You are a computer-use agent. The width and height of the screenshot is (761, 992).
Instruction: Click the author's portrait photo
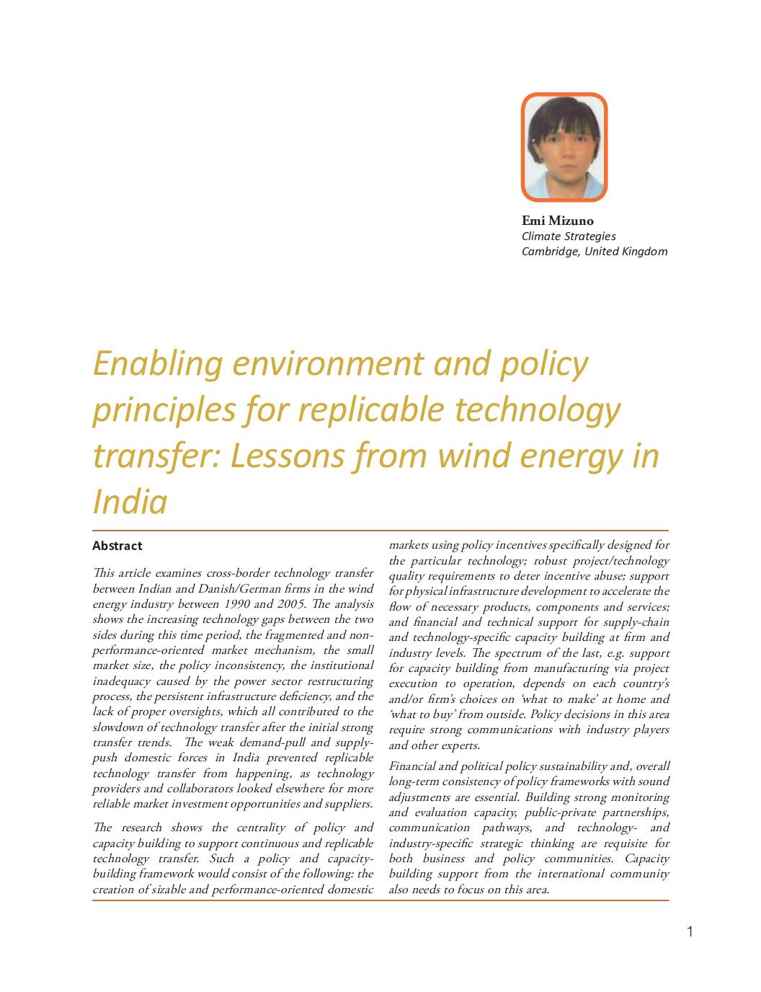[x=564, y=146]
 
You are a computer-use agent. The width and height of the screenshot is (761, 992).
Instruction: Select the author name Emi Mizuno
[x=557, y=221]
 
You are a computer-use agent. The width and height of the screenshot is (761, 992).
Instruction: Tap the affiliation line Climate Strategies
[x=569, y=236]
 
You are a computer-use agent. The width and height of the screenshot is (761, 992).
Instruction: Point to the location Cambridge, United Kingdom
[x=595, y=251]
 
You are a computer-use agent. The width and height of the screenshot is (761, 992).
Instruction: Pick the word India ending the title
[x=130, y=501]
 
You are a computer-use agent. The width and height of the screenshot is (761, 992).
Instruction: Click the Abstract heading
[x=117, y=546]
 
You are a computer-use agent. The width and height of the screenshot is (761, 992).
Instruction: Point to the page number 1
[x=690, y=931]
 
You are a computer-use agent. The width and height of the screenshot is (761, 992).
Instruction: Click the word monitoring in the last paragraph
[x=637, y=797]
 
